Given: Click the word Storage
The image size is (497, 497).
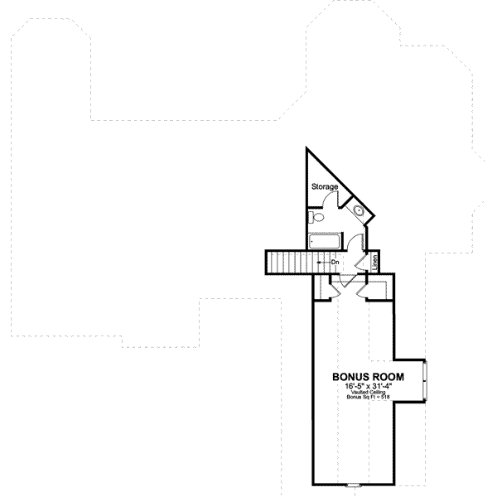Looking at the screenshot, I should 324,187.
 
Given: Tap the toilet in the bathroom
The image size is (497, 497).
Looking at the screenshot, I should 313,218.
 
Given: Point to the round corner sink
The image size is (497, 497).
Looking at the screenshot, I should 359,211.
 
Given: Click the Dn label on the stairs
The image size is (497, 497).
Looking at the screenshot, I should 335,263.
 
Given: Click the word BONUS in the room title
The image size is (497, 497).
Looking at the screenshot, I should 347,375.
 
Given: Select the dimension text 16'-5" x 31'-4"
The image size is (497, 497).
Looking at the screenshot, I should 364,385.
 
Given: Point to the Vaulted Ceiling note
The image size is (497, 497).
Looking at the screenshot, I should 364,392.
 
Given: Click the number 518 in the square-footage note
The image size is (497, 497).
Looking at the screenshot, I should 384,398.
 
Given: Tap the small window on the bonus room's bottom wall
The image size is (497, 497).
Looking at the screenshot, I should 353,485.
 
